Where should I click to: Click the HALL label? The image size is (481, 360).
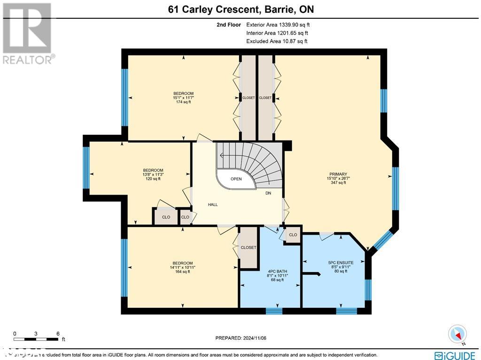pos(213,204)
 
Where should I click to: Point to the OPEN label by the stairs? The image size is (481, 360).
pos(236,179)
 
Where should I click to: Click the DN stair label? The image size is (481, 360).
pos(268,193)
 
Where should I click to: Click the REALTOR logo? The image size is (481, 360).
pos(28,33)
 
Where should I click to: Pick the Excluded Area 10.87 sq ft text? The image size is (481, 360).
pos(276,41)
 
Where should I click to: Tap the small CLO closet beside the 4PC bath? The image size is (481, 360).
pos(293,235)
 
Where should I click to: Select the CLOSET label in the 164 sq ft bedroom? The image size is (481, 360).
pos(248,248)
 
